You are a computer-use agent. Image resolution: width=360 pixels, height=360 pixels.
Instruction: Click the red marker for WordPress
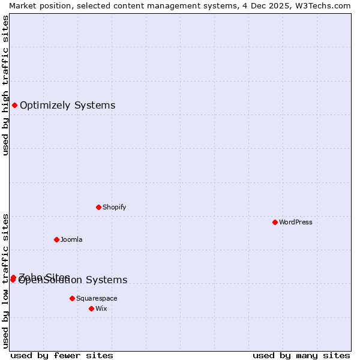point(275,222)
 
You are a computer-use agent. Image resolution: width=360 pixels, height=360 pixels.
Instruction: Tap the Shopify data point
point(98,207)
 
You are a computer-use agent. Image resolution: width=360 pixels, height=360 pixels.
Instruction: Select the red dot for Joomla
point(56,239)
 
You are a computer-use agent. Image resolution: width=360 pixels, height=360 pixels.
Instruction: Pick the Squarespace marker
point(72,298)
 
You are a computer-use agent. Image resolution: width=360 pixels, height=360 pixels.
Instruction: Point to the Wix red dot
point(91,308)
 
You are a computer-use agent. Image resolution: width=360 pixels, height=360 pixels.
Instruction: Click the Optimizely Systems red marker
point(14,106)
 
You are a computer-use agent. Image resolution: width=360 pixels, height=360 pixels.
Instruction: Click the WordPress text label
point(296,222)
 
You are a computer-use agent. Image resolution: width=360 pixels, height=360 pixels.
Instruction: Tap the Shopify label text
point(114,207)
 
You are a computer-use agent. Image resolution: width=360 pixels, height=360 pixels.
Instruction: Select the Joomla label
point(71,239)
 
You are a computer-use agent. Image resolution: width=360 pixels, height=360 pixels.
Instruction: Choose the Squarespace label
point(97,298)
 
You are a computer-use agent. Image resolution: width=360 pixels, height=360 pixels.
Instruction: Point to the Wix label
point(101,308)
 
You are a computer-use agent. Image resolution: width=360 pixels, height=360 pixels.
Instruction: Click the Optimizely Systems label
point(67,106)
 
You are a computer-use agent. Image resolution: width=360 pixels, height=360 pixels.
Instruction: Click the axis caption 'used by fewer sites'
point(62,355)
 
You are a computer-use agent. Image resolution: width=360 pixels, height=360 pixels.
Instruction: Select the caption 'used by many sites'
point(301,355)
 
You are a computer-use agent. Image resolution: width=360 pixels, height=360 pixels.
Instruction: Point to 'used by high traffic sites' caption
point(6,85)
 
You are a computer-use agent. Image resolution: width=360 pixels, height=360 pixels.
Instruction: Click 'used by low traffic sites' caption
point(6,280)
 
